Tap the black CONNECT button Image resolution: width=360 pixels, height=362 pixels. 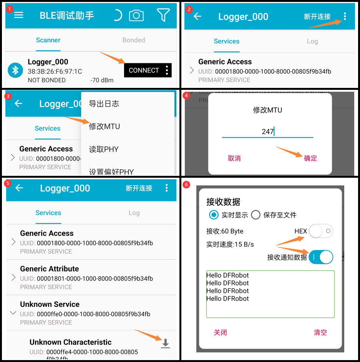click(144, 70)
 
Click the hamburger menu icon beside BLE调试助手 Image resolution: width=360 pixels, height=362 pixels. click(19, 15)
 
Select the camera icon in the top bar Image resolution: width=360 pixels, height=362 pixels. click(136, 15)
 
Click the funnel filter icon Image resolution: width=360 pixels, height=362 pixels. click(163, 15)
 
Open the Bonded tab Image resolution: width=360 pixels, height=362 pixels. click(134, 40)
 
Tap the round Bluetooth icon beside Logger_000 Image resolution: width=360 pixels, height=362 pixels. click(15, 70)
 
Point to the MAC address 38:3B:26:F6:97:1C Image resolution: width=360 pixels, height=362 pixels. click(55, 71)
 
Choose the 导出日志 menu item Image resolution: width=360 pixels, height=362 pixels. click(104, 104)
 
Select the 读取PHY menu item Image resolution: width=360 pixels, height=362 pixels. click(104, 149)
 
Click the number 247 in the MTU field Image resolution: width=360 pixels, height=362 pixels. click(267, 132)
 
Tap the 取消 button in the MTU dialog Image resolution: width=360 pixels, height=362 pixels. click(234, 158)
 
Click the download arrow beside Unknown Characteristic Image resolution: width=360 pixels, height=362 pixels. click(165, 343)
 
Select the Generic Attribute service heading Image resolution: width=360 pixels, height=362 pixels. click(50, 269)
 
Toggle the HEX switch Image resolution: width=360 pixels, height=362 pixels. click(321, 231)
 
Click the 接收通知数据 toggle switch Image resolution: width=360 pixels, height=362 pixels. click(321, 257)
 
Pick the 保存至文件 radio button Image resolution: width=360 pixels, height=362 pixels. click(256, 215)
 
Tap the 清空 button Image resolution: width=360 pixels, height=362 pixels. click(320, 332)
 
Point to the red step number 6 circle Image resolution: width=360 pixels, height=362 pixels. click(187, 185)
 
